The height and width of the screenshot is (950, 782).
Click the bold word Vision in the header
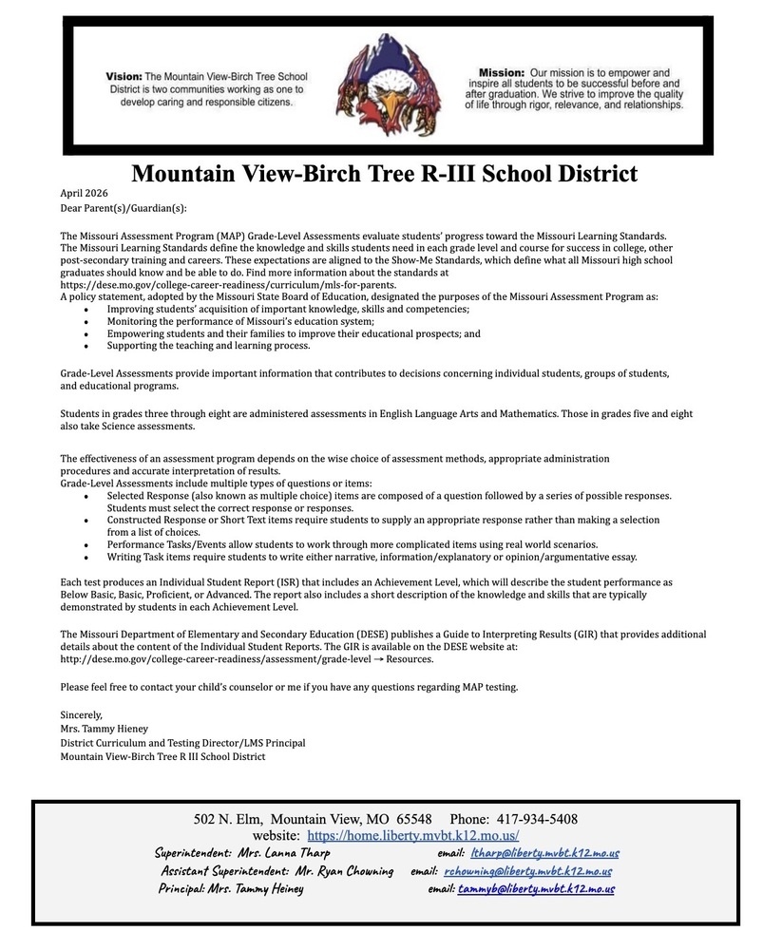pyautogui.click(x=124, y=75)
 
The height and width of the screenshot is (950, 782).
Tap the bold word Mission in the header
pyautogui.click(x=501, y=72)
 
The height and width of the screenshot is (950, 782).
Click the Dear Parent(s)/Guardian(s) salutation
pyautogui.click(x=124, y=208)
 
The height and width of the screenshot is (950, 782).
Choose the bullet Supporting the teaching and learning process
pyautogui.click(x=208, y=346)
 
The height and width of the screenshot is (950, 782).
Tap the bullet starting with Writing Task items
pyautogui.click(x=372, y=557)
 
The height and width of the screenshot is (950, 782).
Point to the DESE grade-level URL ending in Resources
pyautogui.click(x=246, y=658)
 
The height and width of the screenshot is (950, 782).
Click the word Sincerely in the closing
pyautogui.click(x=81, y=714)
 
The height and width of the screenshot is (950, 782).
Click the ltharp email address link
pyautogui.click(x=544, y=853)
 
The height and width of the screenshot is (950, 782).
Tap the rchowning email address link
pyautogui.click(x=527, y=871)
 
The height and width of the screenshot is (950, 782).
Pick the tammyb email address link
pyautogui.click(x=536, y=889)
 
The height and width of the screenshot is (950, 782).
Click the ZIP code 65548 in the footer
pyautogui.click(x=414, y=819)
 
